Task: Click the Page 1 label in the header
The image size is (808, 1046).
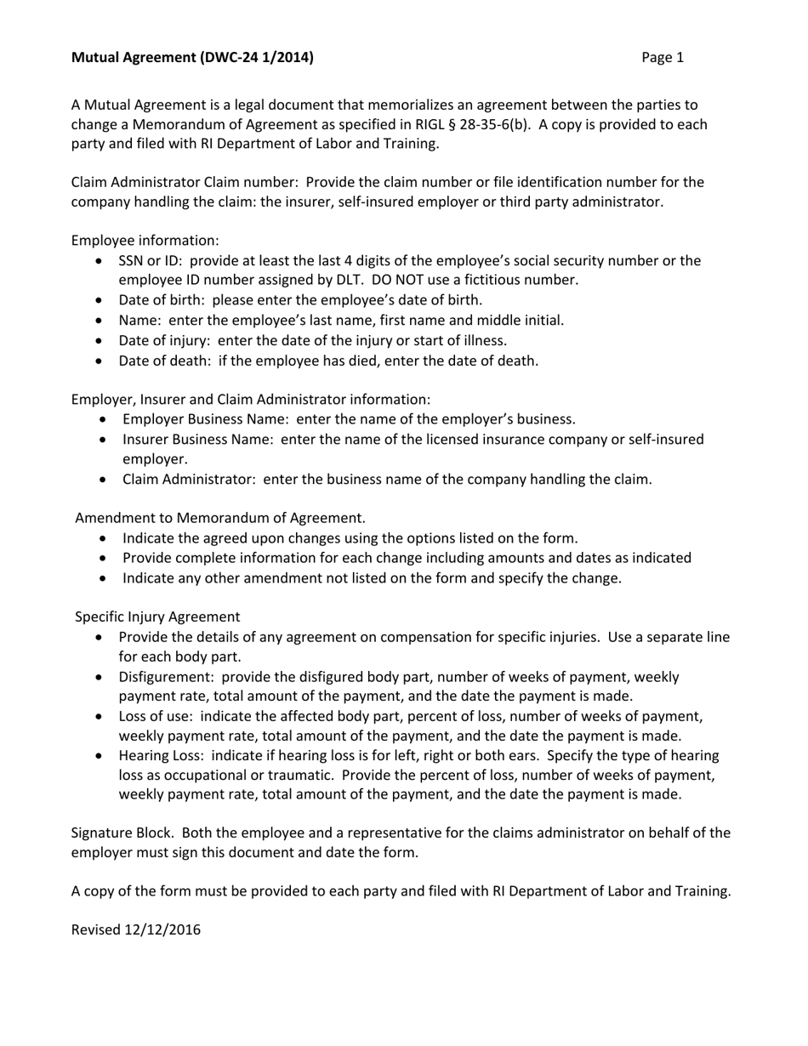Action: pos(663,58)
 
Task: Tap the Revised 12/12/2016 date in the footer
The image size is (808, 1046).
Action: pos(136,929)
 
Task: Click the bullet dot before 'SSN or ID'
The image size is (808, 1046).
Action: pos(102,261)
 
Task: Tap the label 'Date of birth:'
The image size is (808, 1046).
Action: pos(162,299)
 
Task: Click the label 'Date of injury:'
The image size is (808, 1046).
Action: pos(164,340)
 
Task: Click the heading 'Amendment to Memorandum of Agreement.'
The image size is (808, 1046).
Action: pos(220,518)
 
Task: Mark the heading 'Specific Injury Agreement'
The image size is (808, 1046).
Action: pos(157,617)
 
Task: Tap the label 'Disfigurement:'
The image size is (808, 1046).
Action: pos(164,677)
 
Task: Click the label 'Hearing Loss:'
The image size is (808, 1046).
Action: pos(162,756)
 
